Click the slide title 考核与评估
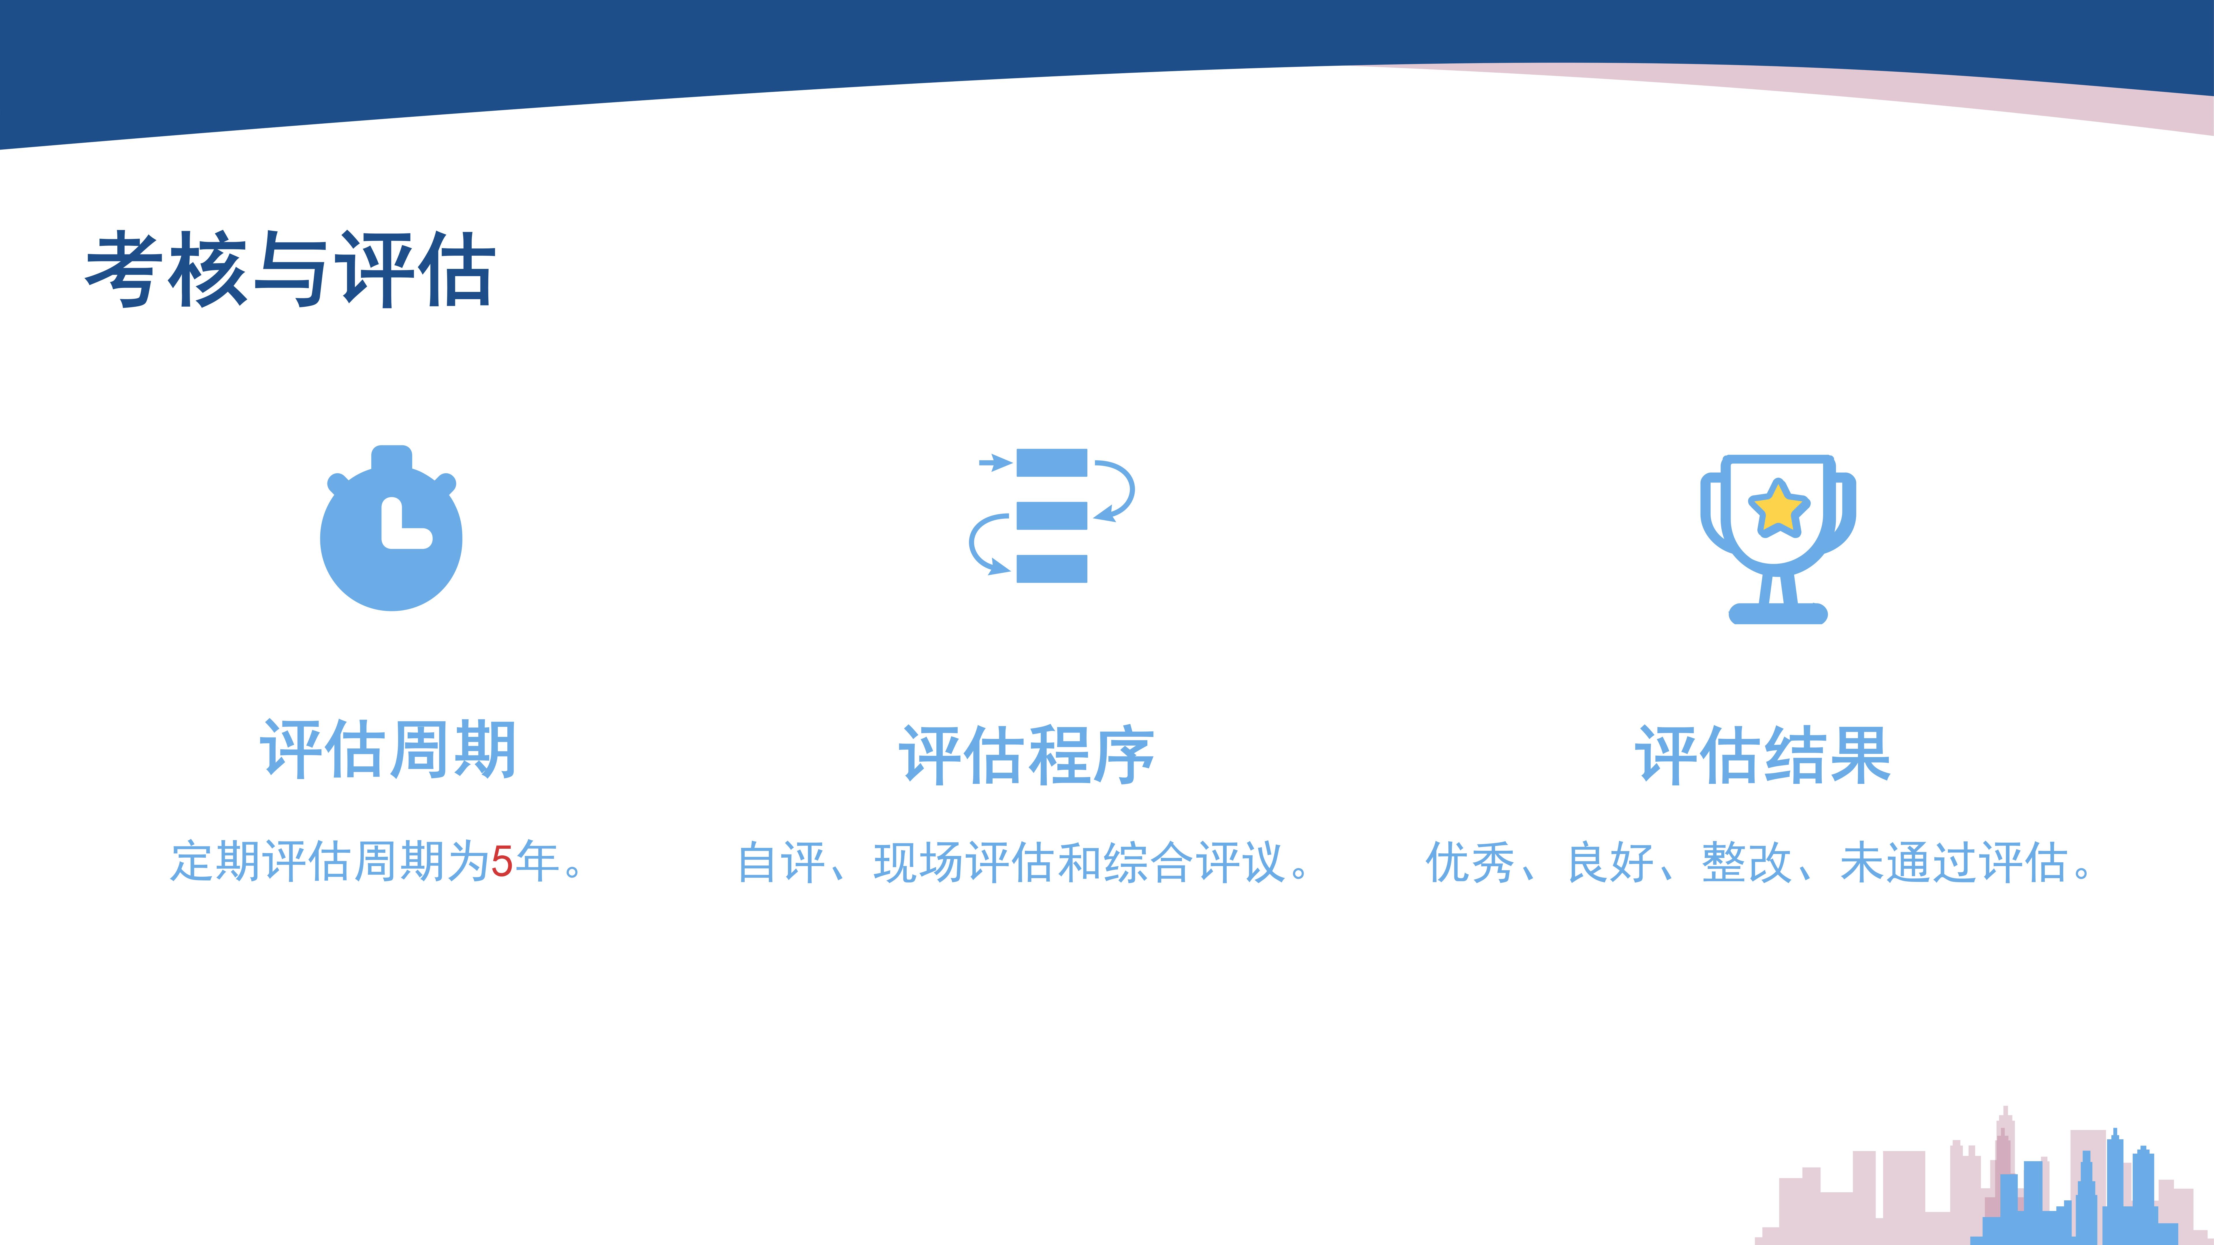[291, 269]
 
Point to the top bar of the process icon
[1051, 462]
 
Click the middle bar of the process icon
[1051, 516]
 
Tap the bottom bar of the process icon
[1051, 569]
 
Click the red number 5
[502, 862]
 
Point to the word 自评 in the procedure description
[782, 863]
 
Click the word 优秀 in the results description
[1470, 863]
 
